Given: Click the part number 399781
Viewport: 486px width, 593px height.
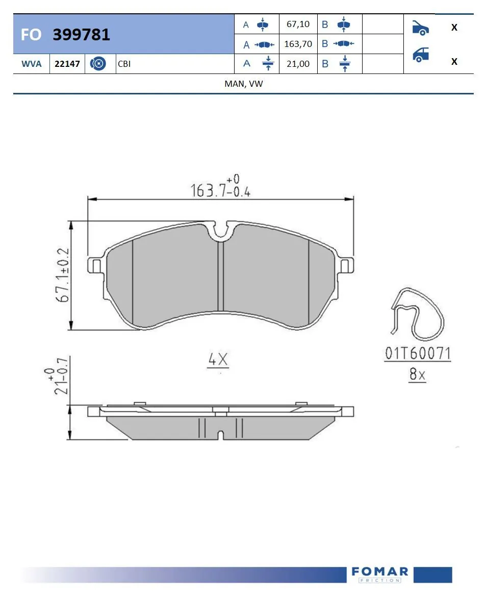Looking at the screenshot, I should point(81,35).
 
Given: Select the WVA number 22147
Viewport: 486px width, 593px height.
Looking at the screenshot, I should point(67,64).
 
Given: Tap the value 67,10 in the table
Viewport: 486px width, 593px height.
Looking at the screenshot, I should point(298,24).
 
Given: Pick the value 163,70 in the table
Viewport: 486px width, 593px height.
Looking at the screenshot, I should point(298,44).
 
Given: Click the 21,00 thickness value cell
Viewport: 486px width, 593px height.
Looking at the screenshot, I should point(298,64).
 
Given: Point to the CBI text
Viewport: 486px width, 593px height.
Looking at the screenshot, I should point(124,64).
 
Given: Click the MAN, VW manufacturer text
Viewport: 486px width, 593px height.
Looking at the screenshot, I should point(243,84).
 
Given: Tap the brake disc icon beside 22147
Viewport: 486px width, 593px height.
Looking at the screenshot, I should point(97,64).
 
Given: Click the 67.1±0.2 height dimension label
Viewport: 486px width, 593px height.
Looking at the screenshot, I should point(63,276).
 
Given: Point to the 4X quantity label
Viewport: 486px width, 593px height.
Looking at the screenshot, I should point(218,360).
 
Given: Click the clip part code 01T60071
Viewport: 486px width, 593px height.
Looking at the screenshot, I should point(418,353).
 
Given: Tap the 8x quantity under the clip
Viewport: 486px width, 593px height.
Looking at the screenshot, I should point(417,375).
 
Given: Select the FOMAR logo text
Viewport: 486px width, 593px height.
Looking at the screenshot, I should point(380,572).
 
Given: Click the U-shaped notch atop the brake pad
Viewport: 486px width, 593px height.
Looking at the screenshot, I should point(220,232).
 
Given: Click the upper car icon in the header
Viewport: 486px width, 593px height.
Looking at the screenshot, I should point(420,28).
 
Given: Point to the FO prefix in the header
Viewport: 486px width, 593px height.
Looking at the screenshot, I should point(31,35).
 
